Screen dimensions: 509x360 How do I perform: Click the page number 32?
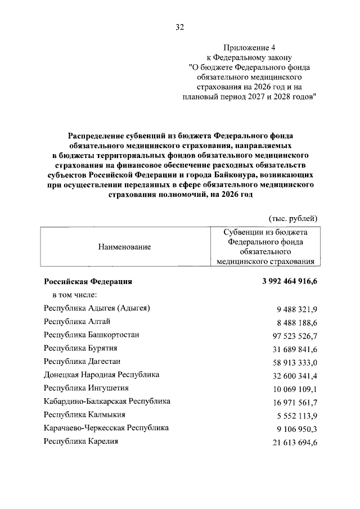(x=180, y=26)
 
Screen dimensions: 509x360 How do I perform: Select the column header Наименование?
(x=124, y=246)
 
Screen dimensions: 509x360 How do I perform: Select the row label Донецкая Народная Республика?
(x=101, y=375)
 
